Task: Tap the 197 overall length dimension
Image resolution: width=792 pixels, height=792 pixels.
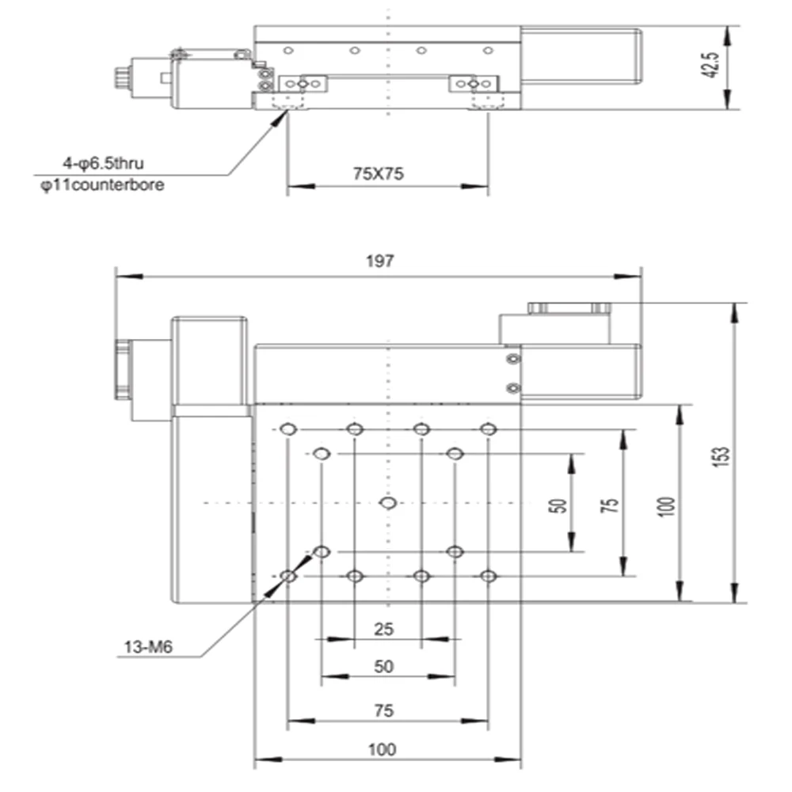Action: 379,262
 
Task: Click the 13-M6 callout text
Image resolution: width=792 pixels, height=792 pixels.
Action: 148,647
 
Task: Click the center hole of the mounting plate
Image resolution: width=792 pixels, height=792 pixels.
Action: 388,503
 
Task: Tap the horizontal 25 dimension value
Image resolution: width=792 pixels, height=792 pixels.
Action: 384,629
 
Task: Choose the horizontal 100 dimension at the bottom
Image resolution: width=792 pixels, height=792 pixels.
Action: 383,748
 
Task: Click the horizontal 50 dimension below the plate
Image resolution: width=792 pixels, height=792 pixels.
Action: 383,668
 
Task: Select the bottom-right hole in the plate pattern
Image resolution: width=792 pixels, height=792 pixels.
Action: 489,576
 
